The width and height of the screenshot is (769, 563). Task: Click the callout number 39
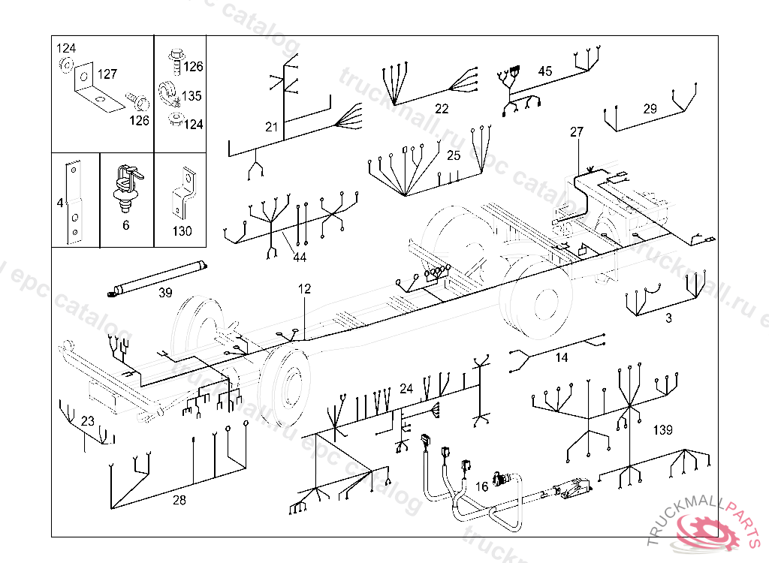[x=165, y=294]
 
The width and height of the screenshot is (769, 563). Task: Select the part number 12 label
[x=304, y=288]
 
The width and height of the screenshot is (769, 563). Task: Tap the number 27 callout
[x=576, y=132]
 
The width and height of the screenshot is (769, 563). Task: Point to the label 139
[x=662, y=430]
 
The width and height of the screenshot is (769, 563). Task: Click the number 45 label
[x=545, y=71]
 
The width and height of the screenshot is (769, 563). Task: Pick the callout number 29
[x=650, y=109]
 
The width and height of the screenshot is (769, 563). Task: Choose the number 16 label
[x=481, y=487]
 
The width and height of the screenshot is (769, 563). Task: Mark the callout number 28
[x=179, y=500]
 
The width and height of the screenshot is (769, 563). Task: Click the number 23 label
[x=88, y=421]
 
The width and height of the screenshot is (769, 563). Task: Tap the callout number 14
[x=562, y=358]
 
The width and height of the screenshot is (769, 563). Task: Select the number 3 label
[x=668, y=318]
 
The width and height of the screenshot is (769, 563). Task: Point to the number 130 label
[x=182, y=231]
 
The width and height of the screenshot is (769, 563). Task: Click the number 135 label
[x=191, y=96]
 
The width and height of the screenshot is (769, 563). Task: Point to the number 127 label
[x=107, y=74]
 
